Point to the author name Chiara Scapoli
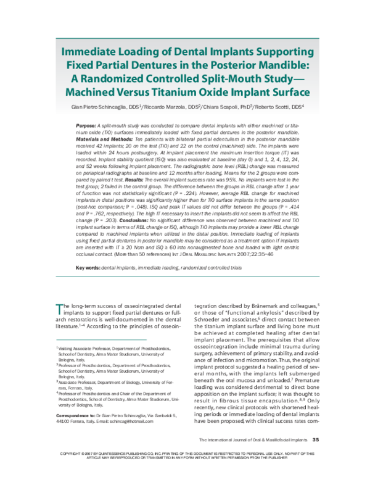click(250, 107)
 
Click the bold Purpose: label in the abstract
click(88, 126)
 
